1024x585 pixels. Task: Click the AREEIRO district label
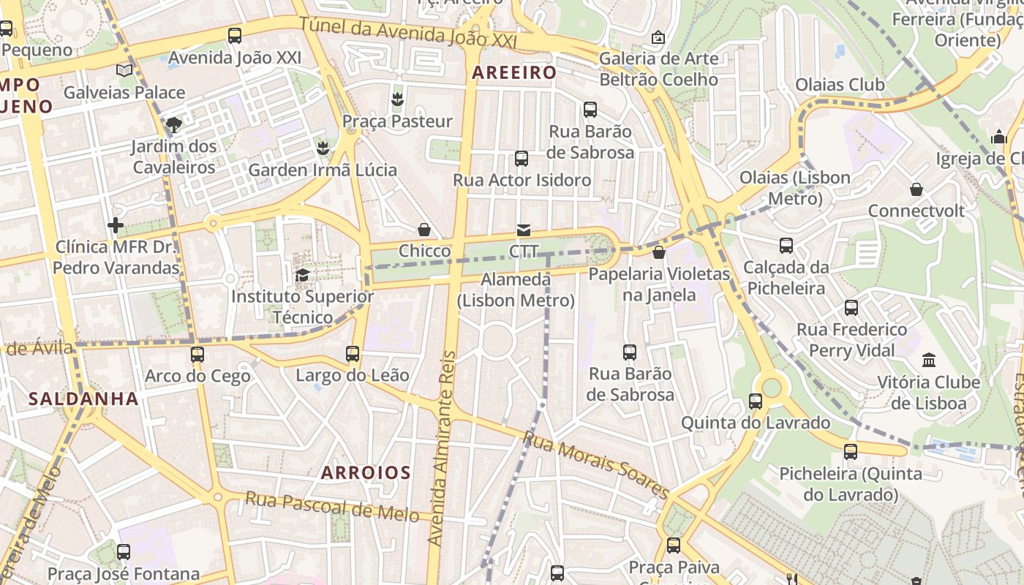pos(514,72)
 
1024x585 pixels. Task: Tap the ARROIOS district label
pos(366,472)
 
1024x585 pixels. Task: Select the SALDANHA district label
pos(83,399)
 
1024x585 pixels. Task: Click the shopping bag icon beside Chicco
pos(424,230)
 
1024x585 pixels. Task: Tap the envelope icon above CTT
pos(524,230)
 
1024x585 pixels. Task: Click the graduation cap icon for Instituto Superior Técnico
pos(302,275)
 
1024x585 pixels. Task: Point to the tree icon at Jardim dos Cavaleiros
pos(173,125)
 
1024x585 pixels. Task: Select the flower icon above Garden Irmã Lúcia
pos(322,149)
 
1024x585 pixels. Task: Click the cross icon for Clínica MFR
pos(116,225)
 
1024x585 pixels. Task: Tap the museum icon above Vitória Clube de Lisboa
pos(929,360)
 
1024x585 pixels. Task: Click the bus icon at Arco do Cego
pos(197,355)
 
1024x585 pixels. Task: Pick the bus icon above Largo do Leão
pos(353,354)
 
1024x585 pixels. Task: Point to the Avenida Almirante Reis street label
pos(442,448)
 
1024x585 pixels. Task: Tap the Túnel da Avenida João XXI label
pos(408,33)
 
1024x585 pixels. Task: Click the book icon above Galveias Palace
pos(124,70)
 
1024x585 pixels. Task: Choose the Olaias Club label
pos(840,85)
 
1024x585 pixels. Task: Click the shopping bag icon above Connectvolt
pos(916,190)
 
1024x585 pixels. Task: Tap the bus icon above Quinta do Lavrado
pos(756,401)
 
